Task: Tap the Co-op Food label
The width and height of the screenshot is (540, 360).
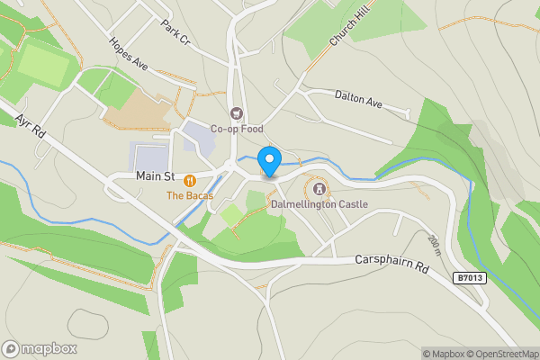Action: (236, 128)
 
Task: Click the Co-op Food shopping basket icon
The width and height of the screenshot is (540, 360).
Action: (237, 113)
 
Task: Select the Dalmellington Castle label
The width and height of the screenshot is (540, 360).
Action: (319, 204)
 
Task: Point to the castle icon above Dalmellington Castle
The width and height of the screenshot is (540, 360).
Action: (319, 189)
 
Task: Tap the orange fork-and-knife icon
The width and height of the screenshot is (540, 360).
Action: (189, 180)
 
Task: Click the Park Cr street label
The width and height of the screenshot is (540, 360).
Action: (176, 31)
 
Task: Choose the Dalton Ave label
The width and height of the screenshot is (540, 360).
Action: (358, 99)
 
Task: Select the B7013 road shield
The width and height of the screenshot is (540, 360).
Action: (469, 278)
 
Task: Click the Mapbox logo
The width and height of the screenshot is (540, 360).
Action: (39, 348)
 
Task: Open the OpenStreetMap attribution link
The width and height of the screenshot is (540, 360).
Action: (496, 354)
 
